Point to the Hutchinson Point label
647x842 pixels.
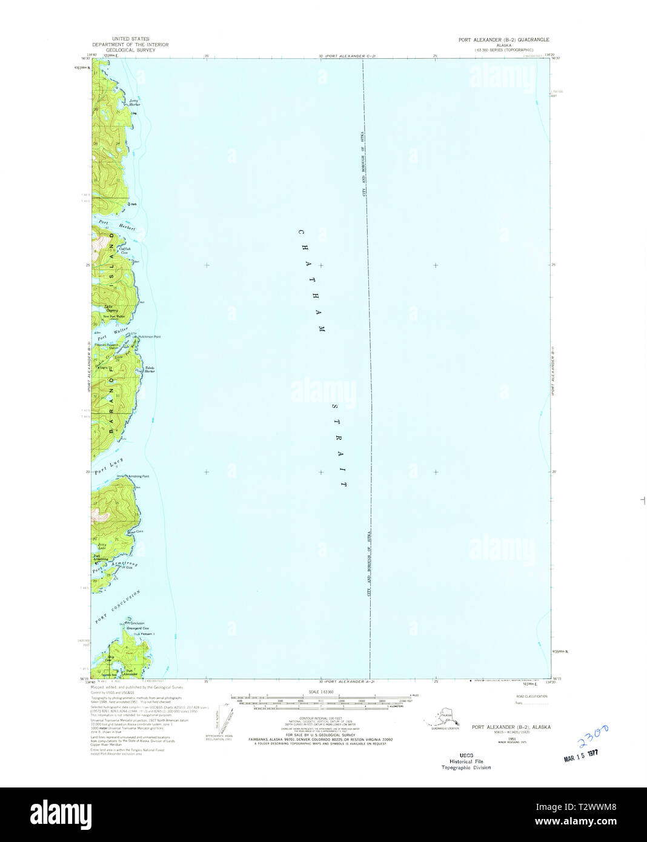149,337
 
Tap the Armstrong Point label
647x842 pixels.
138,476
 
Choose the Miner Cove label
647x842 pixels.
135,532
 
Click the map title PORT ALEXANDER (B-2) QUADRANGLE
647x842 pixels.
503,39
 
